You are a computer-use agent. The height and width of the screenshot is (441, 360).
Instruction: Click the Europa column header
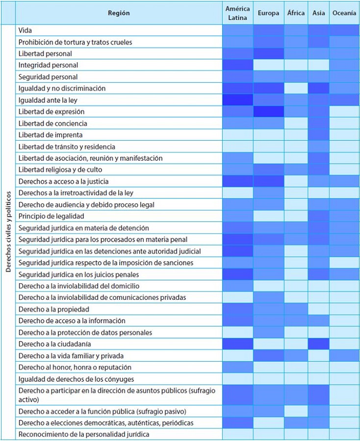pos(268,13)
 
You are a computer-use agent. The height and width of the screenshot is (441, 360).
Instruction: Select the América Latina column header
pos(237,13)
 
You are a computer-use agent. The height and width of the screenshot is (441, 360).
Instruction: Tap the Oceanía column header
pos(344,13)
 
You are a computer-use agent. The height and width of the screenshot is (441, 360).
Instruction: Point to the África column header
pos(296,13)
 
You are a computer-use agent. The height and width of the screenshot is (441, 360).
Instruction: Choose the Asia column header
pos(318,13)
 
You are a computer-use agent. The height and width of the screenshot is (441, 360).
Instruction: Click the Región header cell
pos(119,13)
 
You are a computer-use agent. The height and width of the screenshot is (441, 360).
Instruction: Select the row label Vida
pos(25,30)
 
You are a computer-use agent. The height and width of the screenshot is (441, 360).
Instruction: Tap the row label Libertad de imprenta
pos(50,135)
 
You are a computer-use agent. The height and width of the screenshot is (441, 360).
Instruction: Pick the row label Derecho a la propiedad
pos(54,309)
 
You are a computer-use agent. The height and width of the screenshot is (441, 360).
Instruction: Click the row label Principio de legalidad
pos(51,216)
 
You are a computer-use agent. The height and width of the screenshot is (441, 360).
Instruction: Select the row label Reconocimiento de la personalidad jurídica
pos(84,434)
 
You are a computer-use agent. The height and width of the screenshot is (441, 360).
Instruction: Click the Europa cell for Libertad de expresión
pos(268,112)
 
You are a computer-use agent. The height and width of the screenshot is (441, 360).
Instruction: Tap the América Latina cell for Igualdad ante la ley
pos(237,100)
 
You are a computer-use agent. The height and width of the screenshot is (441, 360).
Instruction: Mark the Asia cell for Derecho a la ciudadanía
pos(318,344)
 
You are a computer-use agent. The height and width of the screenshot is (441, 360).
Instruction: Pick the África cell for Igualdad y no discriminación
pos(296,88)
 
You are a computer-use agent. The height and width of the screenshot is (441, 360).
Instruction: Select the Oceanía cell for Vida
pos(344,30)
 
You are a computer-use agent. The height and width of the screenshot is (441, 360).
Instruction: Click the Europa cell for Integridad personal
pos(268,65)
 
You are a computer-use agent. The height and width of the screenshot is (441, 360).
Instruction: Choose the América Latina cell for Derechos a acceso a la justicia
pos(237,181)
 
